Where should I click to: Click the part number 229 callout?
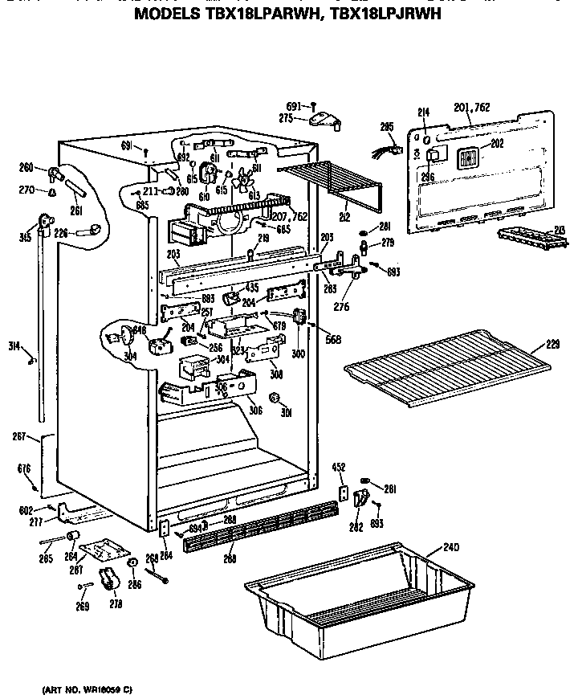pyautogui.click(x=552, y=345)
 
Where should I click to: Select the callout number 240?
pyautogui.click(x=450, y=549)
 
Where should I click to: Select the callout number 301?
pyautogui.click(x=285, y=413)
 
